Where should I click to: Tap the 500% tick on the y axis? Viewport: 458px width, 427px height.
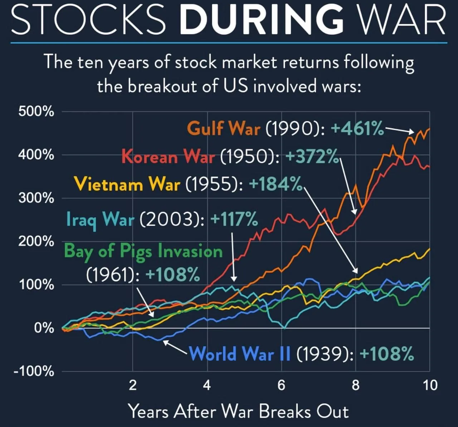(36, 112)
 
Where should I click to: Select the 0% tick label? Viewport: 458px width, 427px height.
(44, 328)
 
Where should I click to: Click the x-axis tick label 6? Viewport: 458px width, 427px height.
(281, 385)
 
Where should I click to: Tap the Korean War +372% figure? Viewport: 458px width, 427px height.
(312, 156)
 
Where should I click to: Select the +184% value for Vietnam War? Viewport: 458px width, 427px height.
(276, 184)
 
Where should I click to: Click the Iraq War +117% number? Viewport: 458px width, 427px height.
(234, 219)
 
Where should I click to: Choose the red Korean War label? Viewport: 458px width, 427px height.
(168, 156)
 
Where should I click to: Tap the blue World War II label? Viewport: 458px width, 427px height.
(240, 354)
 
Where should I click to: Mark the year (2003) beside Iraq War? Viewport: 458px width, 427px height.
(172, 219)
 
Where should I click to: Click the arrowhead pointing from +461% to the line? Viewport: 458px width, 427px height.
(411, 132)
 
